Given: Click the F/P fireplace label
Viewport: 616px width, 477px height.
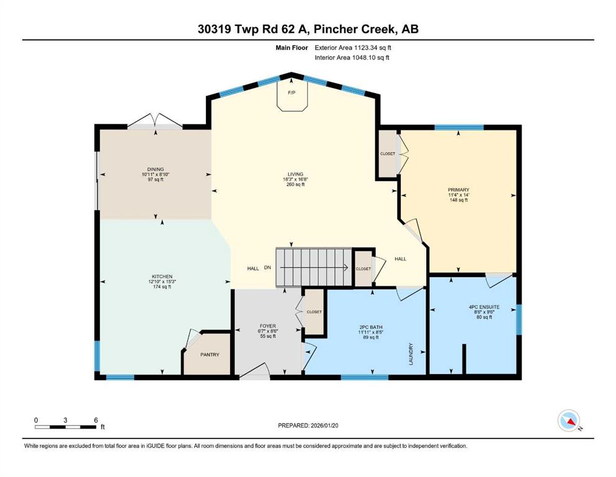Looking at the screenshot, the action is click(x=292, y=93).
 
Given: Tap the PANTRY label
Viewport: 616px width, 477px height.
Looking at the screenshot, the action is click(x=210, y=355).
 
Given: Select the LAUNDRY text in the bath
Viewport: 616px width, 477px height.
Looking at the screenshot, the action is click(x=411, y=354).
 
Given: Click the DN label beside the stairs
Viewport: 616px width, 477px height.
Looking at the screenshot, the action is click(x=267, y=268).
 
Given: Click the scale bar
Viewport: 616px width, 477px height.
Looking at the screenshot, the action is click(x=65, y=427).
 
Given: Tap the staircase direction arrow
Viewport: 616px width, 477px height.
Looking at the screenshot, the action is click(x=314, y=268).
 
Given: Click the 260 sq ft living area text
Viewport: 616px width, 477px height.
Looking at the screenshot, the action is click(x=295, y=184).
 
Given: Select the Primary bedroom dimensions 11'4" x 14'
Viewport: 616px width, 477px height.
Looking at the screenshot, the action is click(x=458, y=195).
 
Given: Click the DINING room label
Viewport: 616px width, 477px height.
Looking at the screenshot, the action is click(x=156, y=170).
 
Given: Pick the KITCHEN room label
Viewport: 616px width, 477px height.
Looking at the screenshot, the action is click(x=163, y=277).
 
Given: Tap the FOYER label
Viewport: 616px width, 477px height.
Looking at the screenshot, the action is click(x=268, y=326).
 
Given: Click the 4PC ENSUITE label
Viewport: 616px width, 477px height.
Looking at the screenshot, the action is click(x=484, y=307).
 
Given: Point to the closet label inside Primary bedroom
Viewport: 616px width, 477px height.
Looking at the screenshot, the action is click(x=388, y=154).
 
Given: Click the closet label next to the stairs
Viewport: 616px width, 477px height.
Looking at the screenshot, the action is click(x=363, y=269).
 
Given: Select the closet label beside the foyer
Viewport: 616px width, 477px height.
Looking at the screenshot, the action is click(x=315, y=312).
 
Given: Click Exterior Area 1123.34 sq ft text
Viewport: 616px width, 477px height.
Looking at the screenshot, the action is click(x=353, y=48).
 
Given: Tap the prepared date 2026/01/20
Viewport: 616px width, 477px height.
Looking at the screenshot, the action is click(x=324, y=425).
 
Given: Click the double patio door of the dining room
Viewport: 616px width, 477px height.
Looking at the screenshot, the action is click(x=155, y=122).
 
